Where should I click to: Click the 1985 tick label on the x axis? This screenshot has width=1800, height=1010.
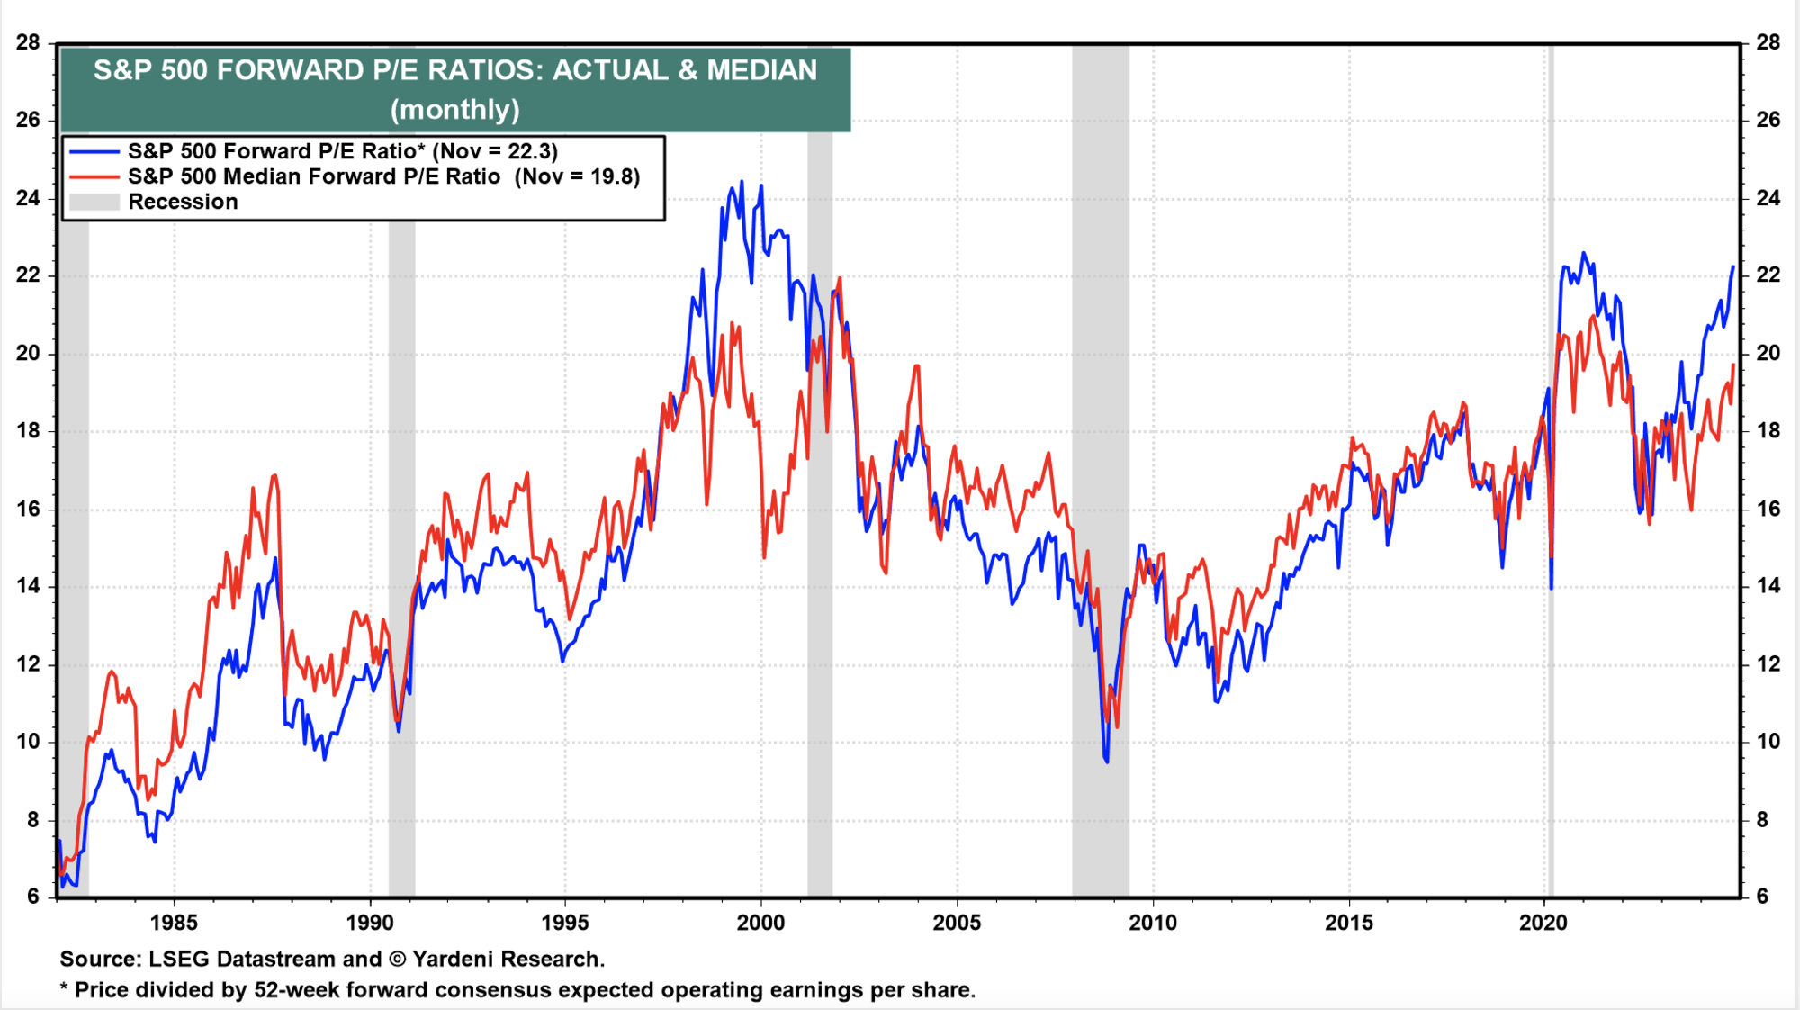(174, 923)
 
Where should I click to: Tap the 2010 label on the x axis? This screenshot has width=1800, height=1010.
(1153, 923)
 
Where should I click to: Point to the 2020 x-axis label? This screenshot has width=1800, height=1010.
(1543, 923)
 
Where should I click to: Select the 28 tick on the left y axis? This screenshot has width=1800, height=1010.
(28, 42)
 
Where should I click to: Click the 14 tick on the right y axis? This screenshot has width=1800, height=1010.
(1768, 586)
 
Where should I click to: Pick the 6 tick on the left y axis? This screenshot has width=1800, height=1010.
(33, 896)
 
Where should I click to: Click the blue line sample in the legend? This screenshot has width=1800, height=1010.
(94, 151)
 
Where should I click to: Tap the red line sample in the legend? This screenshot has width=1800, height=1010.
(94, 176)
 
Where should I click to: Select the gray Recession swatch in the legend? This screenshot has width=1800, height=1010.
(94, 202)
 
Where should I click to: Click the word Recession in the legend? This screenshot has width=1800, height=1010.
(183, 202)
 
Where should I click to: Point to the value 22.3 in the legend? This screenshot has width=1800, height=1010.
(532, 151)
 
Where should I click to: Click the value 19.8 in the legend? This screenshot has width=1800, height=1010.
(614, 176)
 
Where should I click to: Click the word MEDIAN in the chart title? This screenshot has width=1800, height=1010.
(761, 70)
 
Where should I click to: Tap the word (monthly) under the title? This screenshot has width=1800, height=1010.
(455, 109)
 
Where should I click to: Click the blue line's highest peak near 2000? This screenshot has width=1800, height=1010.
(742, 183)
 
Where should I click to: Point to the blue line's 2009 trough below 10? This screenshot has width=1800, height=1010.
(1107, 762)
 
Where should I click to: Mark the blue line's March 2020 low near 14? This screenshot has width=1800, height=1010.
(1552, 587)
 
